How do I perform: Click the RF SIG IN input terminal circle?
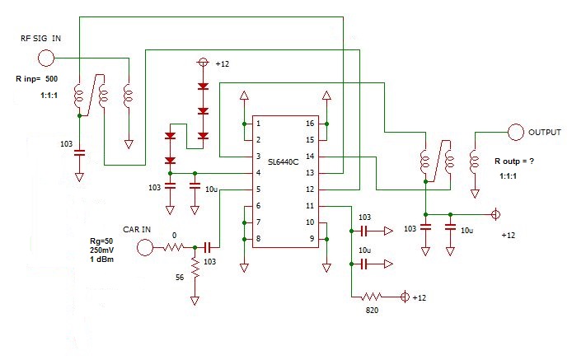pos(46,58)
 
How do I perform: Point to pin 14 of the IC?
pos(309,156)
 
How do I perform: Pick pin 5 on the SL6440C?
pos(258,189)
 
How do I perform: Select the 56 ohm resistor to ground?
pos(195,268)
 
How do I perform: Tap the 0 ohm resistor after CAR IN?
pos(175,246)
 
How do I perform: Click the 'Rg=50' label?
pos(103,241)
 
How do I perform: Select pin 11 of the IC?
pos(309,206)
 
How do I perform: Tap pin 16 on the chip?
pos(309,123)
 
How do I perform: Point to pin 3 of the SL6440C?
pos(258,156)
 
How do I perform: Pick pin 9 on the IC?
pos(309,239)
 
